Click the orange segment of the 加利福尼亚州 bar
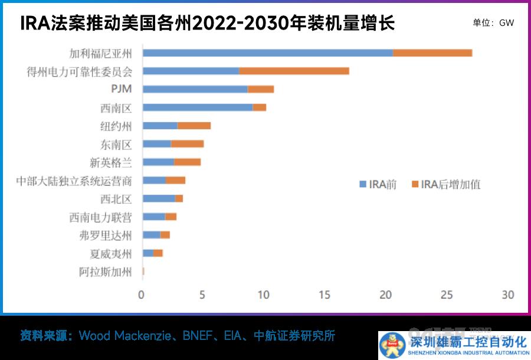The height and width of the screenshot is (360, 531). (x=432, y=53)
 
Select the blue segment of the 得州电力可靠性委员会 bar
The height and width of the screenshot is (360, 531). (x=191, y=71)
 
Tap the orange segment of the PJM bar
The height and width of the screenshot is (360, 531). (x=261, y=89)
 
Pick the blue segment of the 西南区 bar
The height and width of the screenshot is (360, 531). (x=198, y=107)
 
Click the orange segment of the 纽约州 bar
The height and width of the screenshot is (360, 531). (x=194, y=126)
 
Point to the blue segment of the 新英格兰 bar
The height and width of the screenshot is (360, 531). (x=158, y=162)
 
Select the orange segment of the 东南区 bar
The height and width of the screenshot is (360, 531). (x=187, y=144)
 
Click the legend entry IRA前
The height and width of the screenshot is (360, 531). (x=378, y=184)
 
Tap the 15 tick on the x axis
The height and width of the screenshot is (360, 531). (x=324, y=294)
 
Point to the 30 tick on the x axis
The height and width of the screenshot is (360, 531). (x=508, y=294)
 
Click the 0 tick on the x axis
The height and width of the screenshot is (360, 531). (x=141, y=294)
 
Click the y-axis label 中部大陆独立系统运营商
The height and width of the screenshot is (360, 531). (x=74, y=181)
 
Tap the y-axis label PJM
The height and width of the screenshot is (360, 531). (x=121, y=89)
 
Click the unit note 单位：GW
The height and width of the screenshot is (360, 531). (x=493, y=23)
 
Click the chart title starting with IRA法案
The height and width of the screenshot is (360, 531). (x=206, y=24)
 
